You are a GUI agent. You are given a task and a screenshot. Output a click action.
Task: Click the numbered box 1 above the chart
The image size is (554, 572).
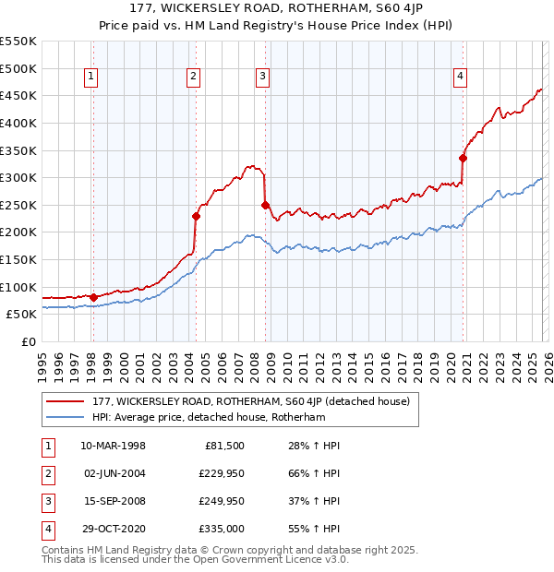(x=92, y=77)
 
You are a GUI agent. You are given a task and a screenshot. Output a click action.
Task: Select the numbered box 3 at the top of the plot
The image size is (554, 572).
(x=263, y=77)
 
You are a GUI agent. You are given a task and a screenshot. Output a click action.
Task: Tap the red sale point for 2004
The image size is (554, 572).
(x=196, y=216)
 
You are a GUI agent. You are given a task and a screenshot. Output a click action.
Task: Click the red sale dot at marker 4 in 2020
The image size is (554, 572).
(x=464, y=158)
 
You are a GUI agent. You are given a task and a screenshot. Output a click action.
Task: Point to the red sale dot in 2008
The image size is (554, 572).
(x=266, y=205)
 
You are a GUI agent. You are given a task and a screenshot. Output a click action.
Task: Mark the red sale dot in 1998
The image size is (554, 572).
(x=93, y=297)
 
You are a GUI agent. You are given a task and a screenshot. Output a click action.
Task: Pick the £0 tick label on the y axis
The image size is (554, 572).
(x=29, y=341)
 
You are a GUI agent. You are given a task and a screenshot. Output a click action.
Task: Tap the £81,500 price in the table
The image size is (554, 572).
(x=223, y=446)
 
